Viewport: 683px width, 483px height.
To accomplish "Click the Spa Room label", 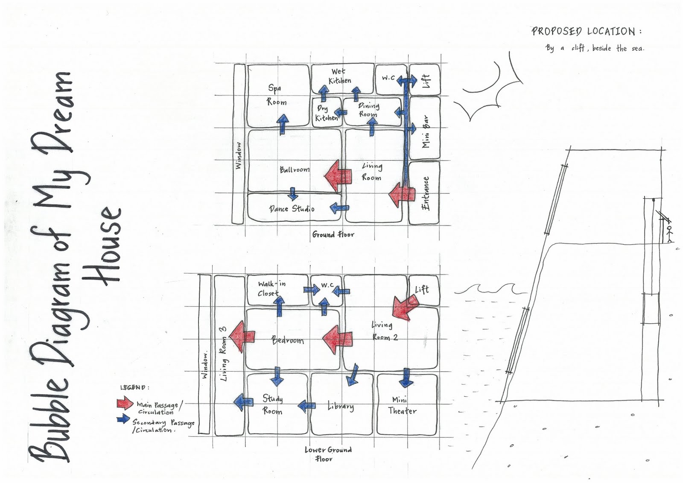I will click(x=277, y=95).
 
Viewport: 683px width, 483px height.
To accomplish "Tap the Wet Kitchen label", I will click(x=340, y=76).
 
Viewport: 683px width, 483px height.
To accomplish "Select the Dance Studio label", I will click(x=292, y=209).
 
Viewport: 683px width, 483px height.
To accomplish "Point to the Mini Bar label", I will click(x=426, y=132).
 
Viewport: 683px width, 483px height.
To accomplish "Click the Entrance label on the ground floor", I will click(x=425, y=193).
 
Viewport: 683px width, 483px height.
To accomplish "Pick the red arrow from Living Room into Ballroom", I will click(x=338, y=175).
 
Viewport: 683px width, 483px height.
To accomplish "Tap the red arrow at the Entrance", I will click(x=402, y=194).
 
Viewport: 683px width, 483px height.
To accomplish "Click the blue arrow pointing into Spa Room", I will click(x=282, y=124).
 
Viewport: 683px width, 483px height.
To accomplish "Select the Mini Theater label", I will click(x=402, y=405).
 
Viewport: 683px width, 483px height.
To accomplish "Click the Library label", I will click(x=341, y=406).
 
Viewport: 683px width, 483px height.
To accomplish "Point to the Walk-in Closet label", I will click(x=271, y=288).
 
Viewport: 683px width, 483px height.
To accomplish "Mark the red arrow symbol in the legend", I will click(x=124, y=403).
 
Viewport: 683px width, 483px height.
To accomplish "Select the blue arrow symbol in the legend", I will click(x=123, y=419).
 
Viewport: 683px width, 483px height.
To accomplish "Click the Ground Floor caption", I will click(x=333, y=234).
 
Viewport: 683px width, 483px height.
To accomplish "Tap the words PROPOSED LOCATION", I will click(x=586, y=31).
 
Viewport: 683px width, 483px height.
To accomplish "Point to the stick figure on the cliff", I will click(x=669, y=233).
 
